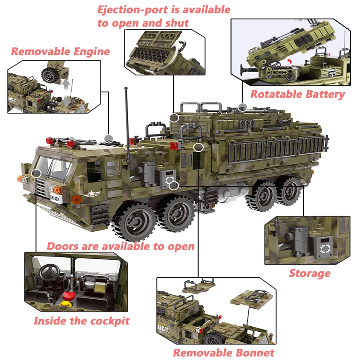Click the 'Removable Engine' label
point(60,51)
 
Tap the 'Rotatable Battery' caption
point(297,94)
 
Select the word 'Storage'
point(309,273)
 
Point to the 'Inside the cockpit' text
point(81,321)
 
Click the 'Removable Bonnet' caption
point(223,352)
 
